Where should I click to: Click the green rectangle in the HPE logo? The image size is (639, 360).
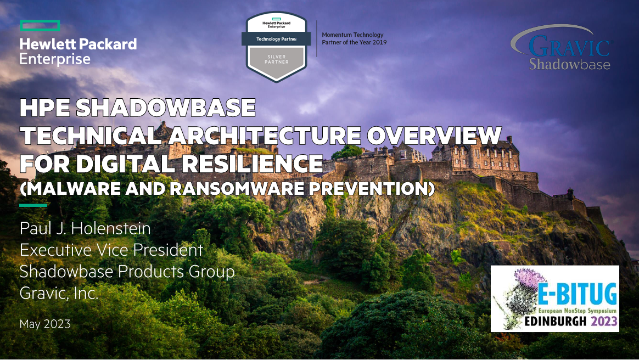click(40, 25)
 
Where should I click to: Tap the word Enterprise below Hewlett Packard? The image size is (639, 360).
click(55, 59)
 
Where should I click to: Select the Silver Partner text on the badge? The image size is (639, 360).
click(276, 59)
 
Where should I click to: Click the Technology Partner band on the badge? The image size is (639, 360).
click(276, 39)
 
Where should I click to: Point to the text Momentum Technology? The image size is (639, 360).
click(352, 35)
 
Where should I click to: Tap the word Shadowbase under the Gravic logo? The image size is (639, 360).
click(569, 64)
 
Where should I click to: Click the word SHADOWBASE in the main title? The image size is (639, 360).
click(165, 108)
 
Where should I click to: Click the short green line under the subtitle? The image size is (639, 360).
click(33, 205)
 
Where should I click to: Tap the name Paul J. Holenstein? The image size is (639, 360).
click(85, 228)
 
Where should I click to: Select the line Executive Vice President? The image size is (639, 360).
click(111, 250)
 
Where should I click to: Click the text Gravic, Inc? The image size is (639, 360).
click(59, 293)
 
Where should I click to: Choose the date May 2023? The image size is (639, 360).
click(45, 324)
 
